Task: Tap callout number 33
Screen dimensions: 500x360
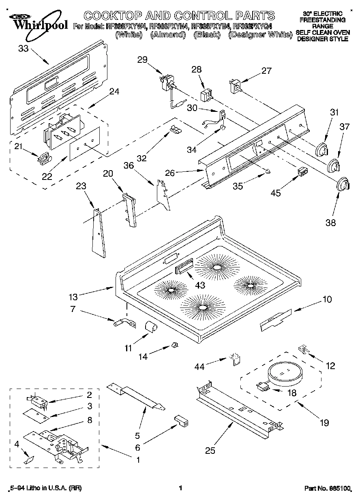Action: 24,49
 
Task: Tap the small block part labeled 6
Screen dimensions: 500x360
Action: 180,421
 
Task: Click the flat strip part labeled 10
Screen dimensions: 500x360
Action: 276,318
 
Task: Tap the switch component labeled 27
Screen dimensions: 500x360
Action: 235,86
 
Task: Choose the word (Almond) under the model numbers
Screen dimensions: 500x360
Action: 168,35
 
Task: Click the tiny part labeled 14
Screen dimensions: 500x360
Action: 175,345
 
